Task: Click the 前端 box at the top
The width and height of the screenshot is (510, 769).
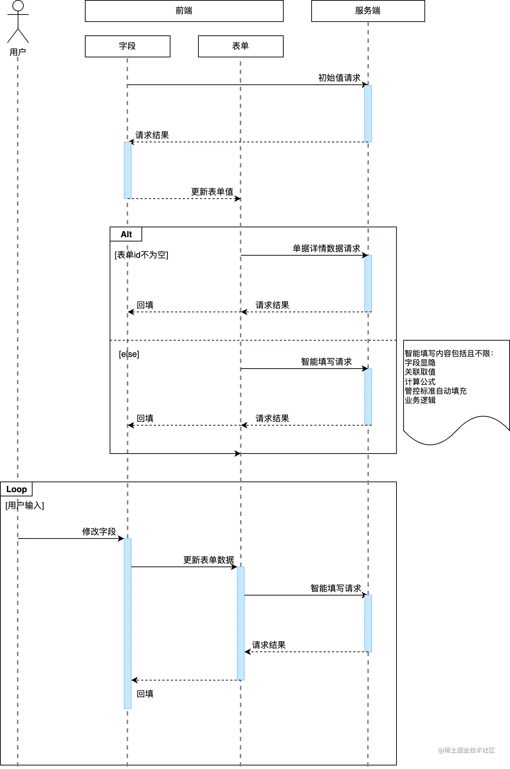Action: coord(184,11)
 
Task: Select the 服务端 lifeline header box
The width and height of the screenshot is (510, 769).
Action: coord(368,11)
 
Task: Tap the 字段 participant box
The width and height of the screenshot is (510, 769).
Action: coord(127,46)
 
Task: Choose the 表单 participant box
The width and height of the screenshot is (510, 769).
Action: coord(240,46)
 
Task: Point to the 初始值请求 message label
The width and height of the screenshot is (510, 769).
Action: coord(339,78)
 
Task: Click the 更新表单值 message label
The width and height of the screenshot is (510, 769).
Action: coord(212,192)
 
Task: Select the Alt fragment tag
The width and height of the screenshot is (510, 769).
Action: coord(126,234)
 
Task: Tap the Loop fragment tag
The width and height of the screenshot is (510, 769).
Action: coord(16,489)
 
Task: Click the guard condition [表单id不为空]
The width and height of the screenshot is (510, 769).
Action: coord(141,255)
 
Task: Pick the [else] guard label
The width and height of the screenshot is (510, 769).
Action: coord(129,354)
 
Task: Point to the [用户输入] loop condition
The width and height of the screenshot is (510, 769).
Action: coord(25,506)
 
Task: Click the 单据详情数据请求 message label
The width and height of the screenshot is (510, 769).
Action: coord(326,249)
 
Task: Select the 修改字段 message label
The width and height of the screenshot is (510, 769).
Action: coord(99,532)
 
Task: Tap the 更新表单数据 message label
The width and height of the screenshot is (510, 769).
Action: coord(209,560)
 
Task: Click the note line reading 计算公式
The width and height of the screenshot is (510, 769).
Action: coord(420,382)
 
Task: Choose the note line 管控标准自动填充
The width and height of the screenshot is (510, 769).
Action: coord(435,391)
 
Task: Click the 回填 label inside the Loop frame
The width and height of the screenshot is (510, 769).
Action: coord(145,694)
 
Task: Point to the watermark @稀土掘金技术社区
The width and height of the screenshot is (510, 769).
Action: coord(466,750)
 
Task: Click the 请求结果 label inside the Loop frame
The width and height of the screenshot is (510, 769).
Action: coord(269,645)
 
